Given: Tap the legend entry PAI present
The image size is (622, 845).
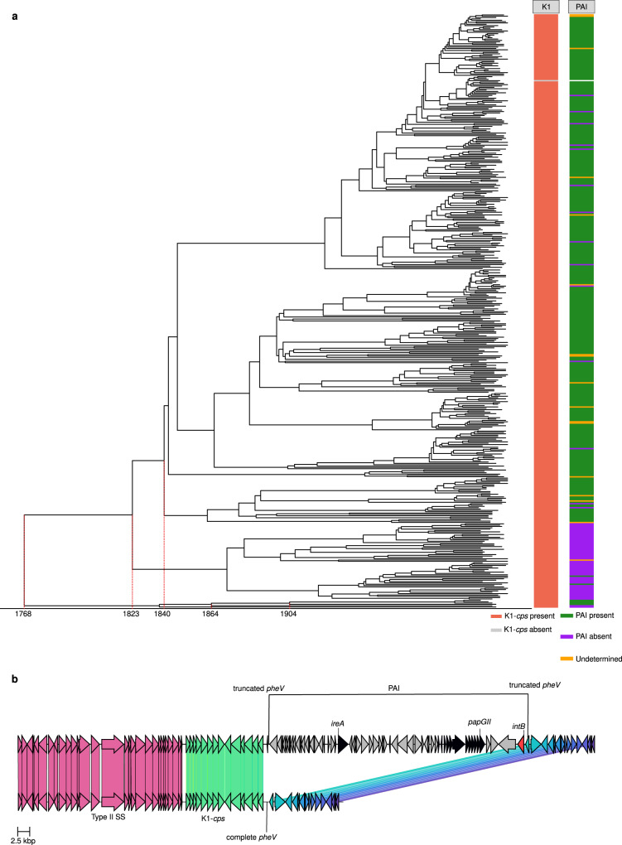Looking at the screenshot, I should coord(595,617).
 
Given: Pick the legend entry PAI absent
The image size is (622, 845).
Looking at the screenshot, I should coord(595,637).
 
